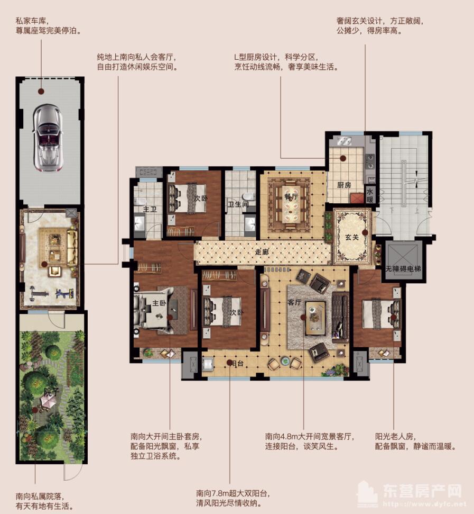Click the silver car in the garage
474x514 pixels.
click(x=48, y=138)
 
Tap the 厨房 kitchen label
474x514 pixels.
click(x=344, y=185)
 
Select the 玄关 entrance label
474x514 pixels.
click(x=352, y=237)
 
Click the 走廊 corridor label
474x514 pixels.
click(x=262, y=252)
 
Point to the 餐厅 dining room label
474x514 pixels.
click(x=291, y=196)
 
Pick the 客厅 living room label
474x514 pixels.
click(x=294, y=302)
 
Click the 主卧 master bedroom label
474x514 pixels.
click(x=159, y=303)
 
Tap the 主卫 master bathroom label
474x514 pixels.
click(x=150, y=209)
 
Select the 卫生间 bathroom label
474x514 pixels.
click(x=238, y=204)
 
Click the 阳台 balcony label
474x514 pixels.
click(x=237, y=364)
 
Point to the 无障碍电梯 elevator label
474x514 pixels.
click(x=403, y=269)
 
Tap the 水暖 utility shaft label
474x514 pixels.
click(x=370, y=195)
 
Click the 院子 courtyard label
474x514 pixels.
click(x=51, y=392)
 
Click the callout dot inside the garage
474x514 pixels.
click(x=41, y=92)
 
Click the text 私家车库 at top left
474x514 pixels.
click(x=31, y=21)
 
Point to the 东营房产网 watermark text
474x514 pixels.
click(x=423, y=491)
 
